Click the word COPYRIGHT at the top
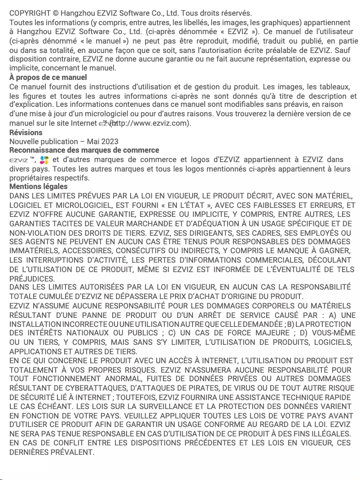tap(30, 13)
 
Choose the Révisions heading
tap(26, 132)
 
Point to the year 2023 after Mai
tap(110, 141)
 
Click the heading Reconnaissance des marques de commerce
tap(84, 150)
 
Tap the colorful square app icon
tap(44, 160)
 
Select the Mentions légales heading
tap(38, 186)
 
